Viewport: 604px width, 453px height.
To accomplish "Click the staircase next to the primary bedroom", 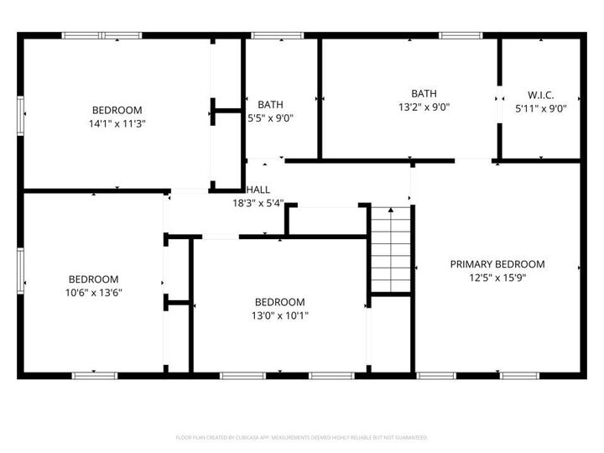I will pyautogui.click(x=392, y=249).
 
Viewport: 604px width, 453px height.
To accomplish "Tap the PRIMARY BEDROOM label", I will pyautogui.click(x=497, y=263).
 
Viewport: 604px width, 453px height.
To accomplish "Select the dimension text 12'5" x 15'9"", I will pyautogui.click(x=497, y=278).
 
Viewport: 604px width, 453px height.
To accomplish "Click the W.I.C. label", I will pyautogui.click(x=540, y=95).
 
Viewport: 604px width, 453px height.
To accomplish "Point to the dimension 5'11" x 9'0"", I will pyautogui.click(x=540, y=108).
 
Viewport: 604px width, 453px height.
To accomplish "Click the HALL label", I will pyautogui.click(x=258, y=190).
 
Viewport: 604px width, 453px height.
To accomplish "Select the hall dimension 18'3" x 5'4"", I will pyautogui.click(x=258, y=203).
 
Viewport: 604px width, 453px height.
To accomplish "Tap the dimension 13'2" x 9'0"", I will pyautogui.click(x=424, y=107).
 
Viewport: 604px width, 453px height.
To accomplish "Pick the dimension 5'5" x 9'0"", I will pyautogui.click(x=270, y=118).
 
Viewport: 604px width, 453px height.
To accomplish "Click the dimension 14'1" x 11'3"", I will pyautogui.click(x=117, y=123).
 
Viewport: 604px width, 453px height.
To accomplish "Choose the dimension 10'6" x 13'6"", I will pyautogui.click(x=93, y=293).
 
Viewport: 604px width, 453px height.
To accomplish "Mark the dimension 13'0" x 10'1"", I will pyautogui.click(x=279, y=315).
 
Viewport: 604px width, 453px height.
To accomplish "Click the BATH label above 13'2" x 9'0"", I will pyautogui.click(x=424, y=93).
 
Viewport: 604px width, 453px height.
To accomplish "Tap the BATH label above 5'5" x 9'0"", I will pyautogui.click(x=270, y=105).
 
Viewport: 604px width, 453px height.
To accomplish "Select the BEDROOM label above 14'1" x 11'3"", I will pyautogui.click(x=117, y=110).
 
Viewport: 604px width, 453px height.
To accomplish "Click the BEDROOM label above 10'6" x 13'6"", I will pyautogui.click(x=93, y=279).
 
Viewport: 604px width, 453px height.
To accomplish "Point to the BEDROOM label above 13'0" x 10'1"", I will pyautogui.click(x=279, y=302).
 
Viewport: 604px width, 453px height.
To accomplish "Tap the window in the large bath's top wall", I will pyautogui.click(x=456, y=35).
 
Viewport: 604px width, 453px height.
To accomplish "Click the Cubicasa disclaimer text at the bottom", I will pyautogui.click(x=302, y=437).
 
